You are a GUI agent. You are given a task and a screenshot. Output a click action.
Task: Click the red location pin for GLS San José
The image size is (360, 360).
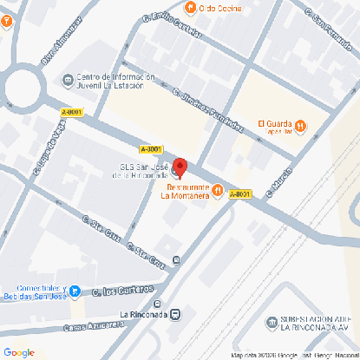(x=180, y=167)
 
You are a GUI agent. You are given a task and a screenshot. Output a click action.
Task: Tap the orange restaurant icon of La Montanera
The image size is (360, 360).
(x=218, y=190)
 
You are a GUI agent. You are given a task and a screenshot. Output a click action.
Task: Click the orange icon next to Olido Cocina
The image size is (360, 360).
(x=190, y=8)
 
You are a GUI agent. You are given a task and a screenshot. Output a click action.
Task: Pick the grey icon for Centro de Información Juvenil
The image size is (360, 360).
(x=68, y=80)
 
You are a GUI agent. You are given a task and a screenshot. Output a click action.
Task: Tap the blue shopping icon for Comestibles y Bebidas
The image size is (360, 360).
(x=75, y=291)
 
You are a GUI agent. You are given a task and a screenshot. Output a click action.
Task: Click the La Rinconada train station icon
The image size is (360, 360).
(x=176, y=314)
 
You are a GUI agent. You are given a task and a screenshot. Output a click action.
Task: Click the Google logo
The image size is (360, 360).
(x=18, y=351)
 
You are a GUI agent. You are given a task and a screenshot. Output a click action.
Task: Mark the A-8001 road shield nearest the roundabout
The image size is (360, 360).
(x=72, y=112)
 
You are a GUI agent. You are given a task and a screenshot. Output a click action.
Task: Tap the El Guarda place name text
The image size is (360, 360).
(x=275, y=122)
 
